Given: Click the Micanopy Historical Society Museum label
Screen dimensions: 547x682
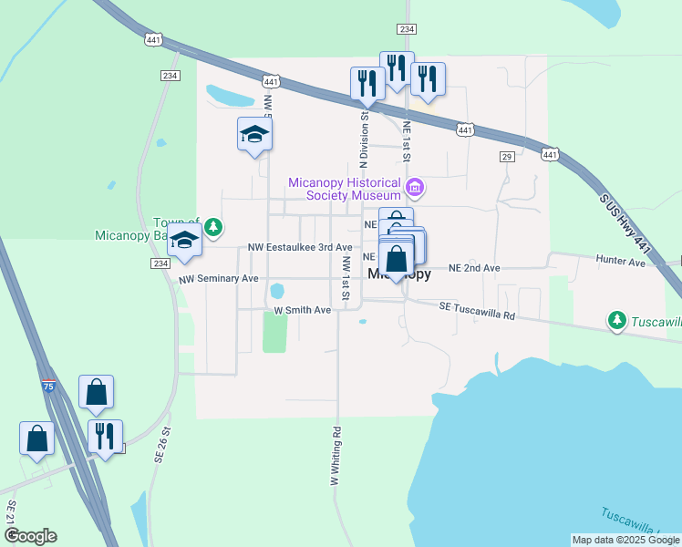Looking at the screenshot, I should coord(345,189).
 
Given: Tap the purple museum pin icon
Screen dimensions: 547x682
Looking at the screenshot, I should coord(414,189).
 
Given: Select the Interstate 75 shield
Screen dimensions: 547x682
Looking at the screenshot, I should coord(48,387).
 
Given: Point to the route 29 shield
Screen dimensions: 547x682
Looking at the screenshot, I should coord(507,158).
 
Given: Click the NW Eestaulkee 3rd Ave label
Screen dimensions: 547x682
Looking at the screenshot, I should coord(300,247).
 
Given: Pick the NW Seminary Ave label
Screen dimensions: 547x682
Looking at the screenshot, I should coord(219,278).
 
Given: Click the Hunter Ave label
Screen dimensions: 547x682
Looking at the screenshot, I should coord(621,262).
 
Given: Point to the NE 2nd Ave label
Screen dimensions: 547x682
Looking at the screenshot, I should coord(474,268).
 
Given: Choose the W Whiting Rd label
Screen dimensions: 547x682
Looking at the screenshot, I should coord(336,455).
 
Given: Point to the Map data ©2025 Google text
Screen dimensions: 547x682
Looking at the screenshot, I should coord(625,540).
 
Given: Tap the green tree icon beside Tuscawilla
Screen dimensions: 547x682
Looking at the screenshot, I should coord(617,320).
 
